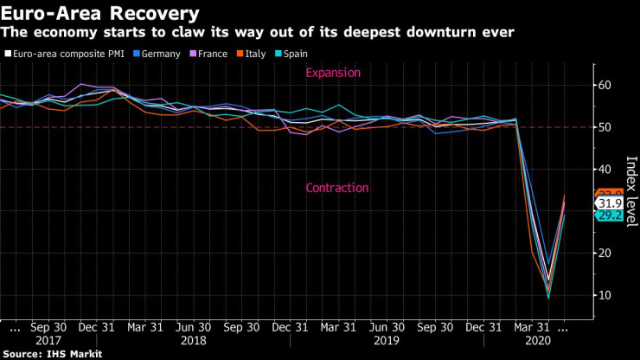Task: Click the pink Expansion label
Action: tap(332, 74)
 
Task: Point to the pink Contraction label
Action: tap(337, 189)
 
